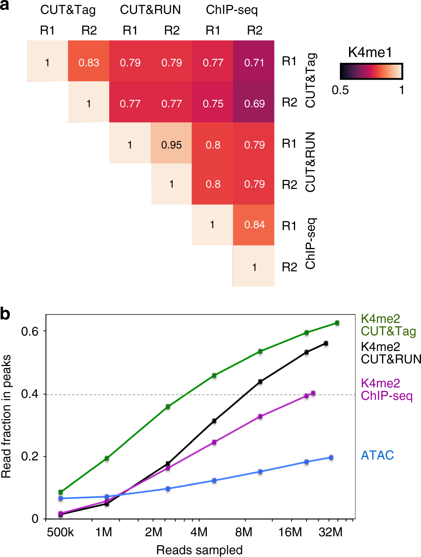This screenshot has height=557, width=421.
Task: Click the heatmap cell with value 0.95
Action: click(171, 145)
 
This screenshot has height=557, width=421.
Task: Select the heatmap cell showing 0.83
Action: click(89, 63)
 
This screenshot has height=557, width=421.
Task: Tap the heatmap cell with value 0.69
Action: click(254, 104)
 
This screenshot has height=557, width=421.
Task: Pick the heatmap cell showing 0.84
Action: click(254, 225)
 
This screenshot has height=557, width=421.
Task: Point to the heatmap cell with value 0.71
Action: click(254, 63)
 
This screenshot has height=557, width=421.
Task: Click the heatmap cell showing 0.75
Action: click(213, 104)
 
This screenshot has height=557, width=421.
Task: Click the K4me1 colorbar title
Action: click(370, 53)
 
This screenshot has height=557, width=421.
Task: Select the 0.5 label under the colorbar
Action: click(340, 90)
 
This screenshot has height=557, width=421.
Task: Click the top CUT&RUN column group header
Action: click(150, 10)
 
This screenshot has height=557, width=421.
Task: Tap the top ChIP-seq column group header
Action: click(232, 10)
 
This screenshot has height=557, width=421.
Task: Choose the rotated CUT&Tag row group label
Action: click(311, 80)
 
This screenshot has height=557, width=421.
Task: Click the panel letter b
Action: click(5, 314)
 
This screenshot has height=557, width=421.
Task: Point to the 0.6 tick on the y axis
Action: click(30, 331)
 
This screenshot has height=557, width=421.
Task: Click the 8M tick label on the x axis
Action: click(244, 532)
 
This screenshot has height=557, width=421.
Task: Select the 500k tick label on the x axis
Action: click(60, 532)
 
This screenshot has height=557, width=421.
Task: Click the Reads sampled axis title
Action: click(199, 550)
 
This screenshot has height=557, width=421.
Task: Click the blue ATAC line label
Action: click(377, 455)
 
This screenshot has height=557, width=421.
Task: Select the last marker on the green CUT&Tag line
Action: click(337, 323)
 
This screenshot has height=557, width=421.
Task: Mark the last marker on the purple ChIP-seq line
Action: click(313, 393)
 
